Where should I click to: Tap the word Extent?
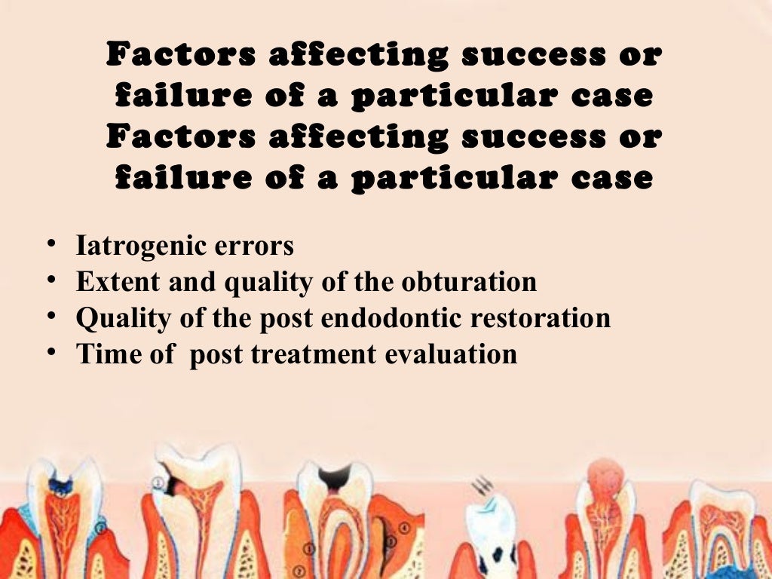pos(114,282)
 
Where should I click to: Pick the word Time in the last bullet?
pos(104,354)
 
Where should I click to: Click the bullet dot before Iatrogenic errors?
pos(50,245)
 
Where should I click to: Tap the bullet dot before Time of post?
pos(50,352)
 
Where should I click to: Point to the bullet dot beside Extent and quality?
pos(50,280)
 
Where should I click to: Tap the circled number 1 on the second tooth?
pos(158,483)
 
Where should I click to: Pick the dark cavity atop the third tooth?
pos(335,475)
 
